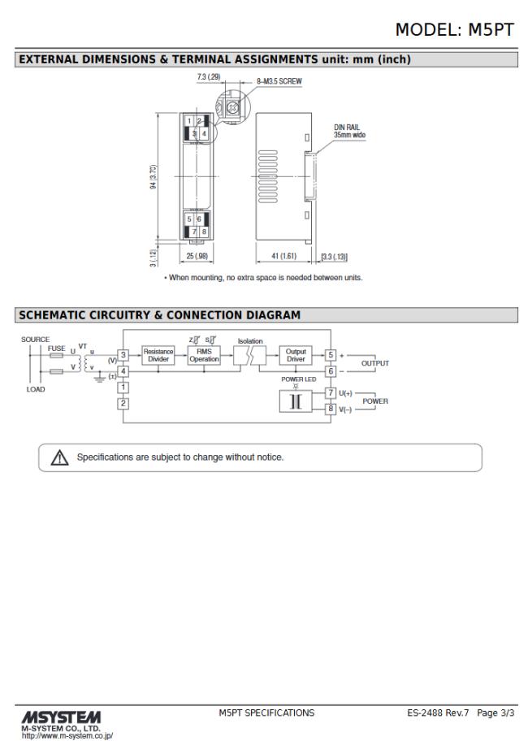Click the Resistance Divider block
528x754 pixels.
pyautogui.click(x=158, y=355)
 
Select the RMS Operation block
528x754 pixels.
pyautogui.click(x=204, y=355)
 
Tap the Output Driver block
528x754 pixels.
pyautogui.click(x=296, y=355)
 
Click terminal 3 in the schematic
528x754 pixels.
pyautogui.click(x=123, y=355)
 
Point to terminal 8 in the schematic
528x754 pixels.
pyautogui.click(x=331, y=409)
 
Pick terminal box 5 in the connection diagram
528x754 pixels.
pyautogui.click(x=331, y=355)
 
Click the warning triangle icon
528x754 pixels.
pyautogui.click(x=59, y=457)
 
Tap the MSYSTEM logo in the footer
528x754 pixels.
pyautogui.click(x=61, y=717)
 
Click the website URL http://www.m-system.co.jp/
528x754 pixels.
pyautogui.click(x=67, y=736)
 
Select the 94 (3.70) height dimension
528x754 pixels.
pyautogui.click(x=154, y=176)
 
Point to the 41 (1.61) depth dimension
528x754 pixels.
pyautogui.click(x=283, y=256)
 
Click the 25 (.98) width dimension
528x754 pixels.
pyautogui.click(x=197, y=256)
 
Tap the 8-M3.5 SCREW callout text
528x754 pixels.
pyautogui.click(x=279, y=81)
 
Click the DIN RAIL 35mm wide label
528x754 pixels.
pyautogui.click(x=349, y=131)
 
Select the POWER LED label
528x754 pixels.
pyautogui.click(x=299, y=379)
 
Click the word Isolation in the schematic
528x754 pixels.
pyautogui.click(x=250, y=341)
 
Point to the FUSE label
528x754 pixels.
pyautogui.click(x=56, y=348)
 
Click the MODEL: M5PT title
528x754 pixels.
pyautogui.click(x=454, y=29)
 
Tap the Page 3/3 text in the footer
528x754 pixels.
pyautogui.click(x=496, y=713)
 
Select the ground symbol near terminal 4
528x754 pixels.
pyautogui.click(x=100, y=379)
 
